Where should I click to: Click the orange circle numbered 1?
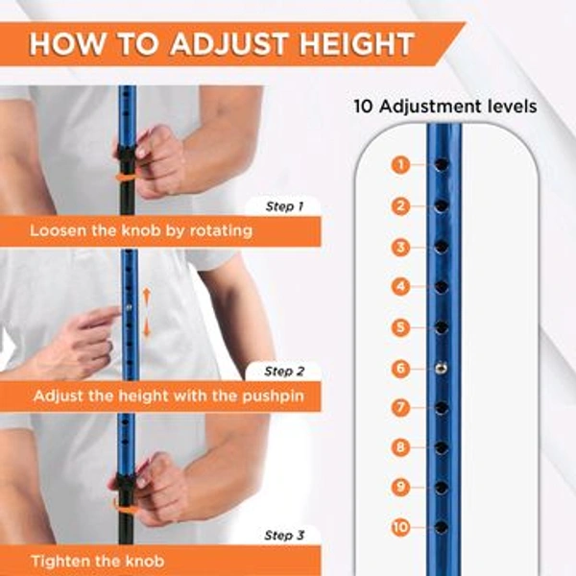[400, 165]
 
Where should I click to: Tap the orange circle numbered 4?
[400, 286]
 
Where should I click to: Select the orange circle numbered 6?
[400, 368]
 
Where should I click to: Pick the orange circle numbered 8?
[400, 447]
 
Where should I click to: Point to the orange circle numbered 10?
[400, 527]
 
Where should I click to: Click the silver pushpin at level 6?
[441, 366]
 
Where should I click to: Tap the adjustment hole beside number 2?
[441, 206]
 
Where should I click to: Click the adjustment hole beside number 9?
[441, 487]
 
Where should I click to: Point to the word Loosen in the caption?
[60, 231]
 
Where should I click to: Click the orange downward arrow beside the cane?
[147, 328]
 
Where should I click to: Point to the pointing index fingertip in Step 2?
[117, 312]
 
